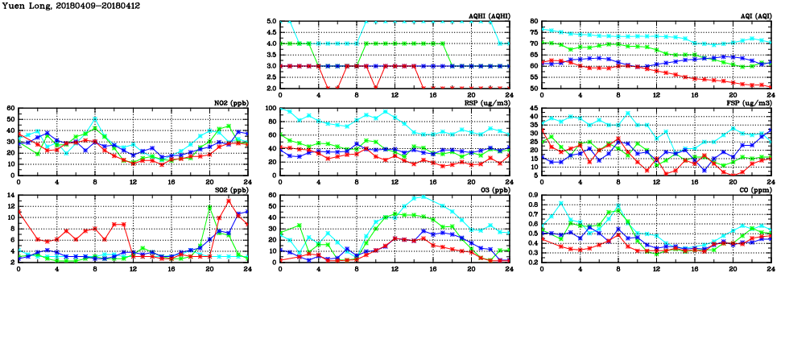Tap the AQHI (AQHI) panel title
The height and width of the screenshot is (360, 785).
click(x=490, y=16)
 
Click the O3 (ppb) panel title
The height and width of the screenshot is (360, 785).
click(x=494, y=190)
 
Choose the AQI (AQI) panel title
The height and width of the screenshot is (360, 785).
click(x=754, y=16)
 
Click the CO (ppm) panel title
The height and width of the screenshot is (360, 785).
click(x=754, y=190)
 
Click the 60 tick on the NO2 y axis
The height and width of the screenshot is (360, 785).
click(x=10, y=108)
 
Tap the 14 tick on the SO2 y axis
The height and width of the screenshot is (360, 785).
click(x=10, y=195)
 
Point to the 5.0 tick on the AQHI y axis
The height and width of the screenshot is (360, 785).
click(x=271, y=22)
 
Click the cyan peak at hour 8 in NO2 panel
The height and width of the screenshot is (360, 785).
click(x=95, y=119)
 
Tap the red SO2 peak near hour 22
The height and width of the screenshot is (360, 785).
click(x=229, y=201)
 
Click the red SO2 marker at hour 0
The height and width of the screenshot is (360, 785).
click(x=19, y=212)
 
